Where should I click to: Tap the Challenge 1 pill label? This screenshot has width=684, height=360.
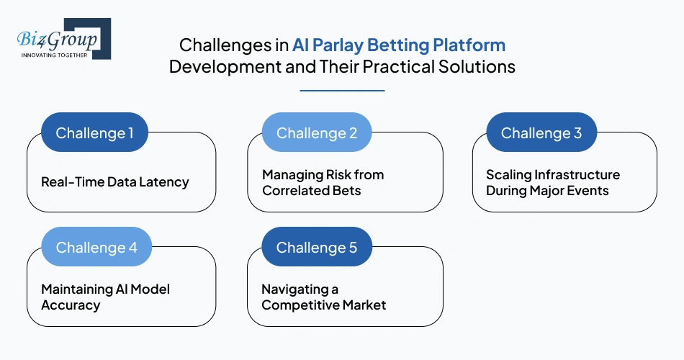(94, 133)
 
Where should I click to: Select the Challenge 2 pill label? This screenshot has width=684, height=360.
(316, 133)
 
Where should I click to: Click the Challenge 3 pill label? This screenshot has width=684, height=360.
(541, 133)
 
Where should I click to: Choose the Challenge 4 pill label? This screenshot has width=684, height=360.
(96, 248)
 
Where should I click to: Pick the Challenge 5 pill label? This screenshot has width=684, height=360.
(316, 248)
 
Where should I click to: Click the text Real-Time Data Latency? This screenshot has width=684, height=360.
(114, 182)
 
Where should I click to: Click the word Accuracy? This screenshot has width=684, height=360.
(70, 305)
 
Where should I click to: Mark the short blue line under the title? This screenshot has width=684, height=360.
(342, 91)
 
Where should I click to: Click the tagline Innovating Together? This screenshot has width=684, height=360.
(54, 55)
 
